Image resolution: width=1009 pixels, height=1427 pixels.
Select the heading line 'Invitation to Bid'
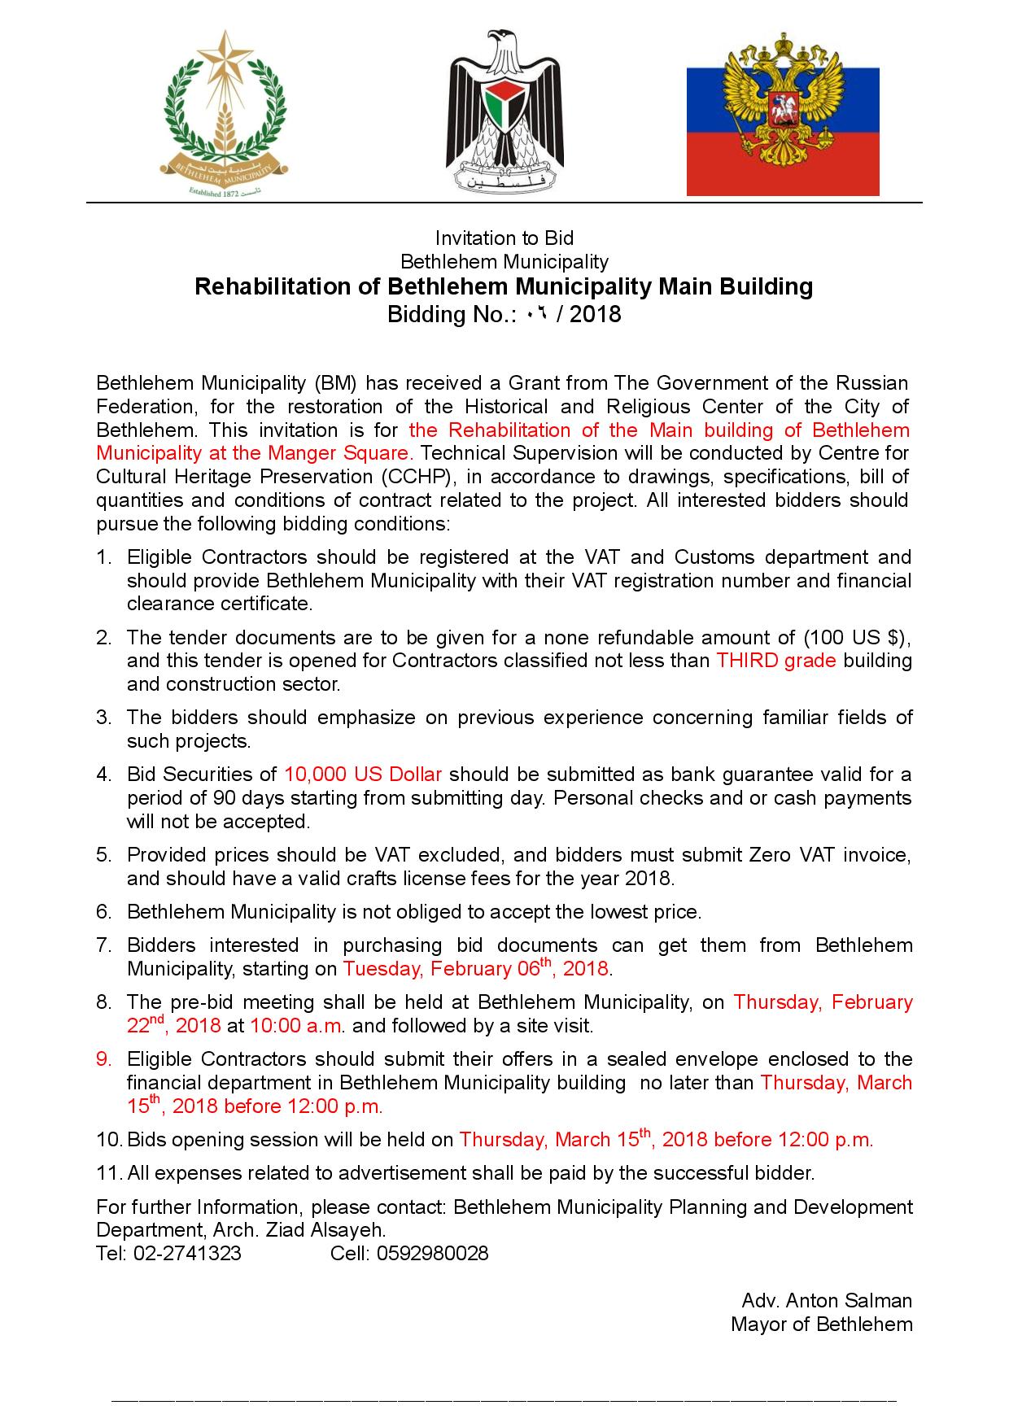tap(504, 238)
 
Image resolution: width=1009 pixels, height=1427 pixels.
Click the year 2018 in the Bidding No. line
tap(595, 314)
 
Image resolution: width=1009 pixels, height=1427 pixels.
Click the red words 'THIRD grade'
tap(775, 661)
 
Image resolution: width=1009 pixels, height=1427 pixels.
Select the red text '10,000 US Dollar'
tap(363, 774)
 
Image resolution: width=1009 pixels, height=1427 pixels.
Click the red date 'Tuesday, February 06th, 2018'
tap(475, 968)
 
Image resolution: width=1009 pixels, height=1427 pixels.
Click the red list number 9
tap(103, 1059)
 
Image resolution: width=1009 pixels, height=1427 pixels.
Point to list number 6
tap(103, 911)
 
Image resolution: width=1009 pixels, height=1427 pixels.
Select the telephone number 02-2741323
tap(187, 1253)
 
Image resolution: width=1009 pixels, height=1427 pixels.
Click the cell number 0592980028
tap(431, 1253)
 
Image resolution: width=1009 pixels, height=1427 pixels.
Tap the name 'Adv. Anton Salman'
tap(826, 1301)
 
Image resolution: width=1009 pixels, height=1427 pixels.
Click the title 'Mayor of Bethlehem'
tap(821, 1324)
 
